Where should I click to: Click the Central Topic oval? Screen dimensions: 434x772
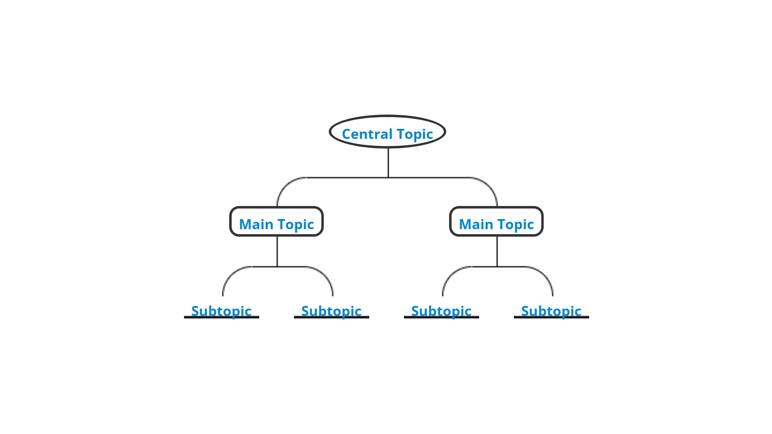(387, 132)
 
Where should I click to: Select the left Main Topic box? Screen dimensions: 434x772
(276, 222)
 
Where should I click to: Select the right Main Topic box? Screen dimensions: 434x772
(496, 222)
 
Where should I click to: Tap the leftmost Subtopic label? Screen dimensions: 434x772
(221, 311)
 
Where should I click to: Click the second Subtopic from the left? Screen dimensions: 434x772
(331, 311)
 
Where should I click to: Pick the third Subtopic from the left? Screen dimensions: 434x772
(441, 311)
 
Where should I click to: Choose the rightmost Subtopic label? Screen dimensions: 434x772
(551, 311)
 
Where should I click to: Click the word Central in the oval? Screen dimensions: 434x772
(367, 134)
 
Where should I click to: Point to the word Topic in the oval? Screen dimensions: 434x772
(415, 134)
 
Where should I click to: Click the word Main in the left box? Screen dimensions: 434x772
(256, 224)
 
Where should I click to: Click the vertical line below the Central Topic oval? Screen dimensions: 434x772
(388, 162)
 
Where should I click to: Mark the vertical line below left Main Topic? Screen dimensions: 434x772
(277, 251)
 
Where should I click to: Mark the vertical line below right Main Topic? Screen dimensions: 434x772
(497, 251)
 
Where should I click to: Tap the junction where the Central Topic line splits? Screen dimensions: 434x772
(388, 177)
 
